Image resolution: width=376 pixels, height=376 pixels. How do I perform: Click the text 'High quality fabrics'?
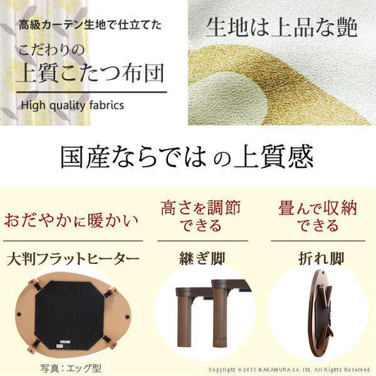(73, 106)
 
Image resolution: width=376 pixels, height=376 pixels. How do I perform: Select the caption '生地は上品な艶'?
(281, 28)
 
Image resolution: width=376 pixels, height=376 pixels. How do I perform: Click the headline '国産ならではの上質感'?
(187, 157)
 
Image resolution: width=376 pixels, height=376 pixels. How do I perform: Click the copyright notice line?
(290, 369)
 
